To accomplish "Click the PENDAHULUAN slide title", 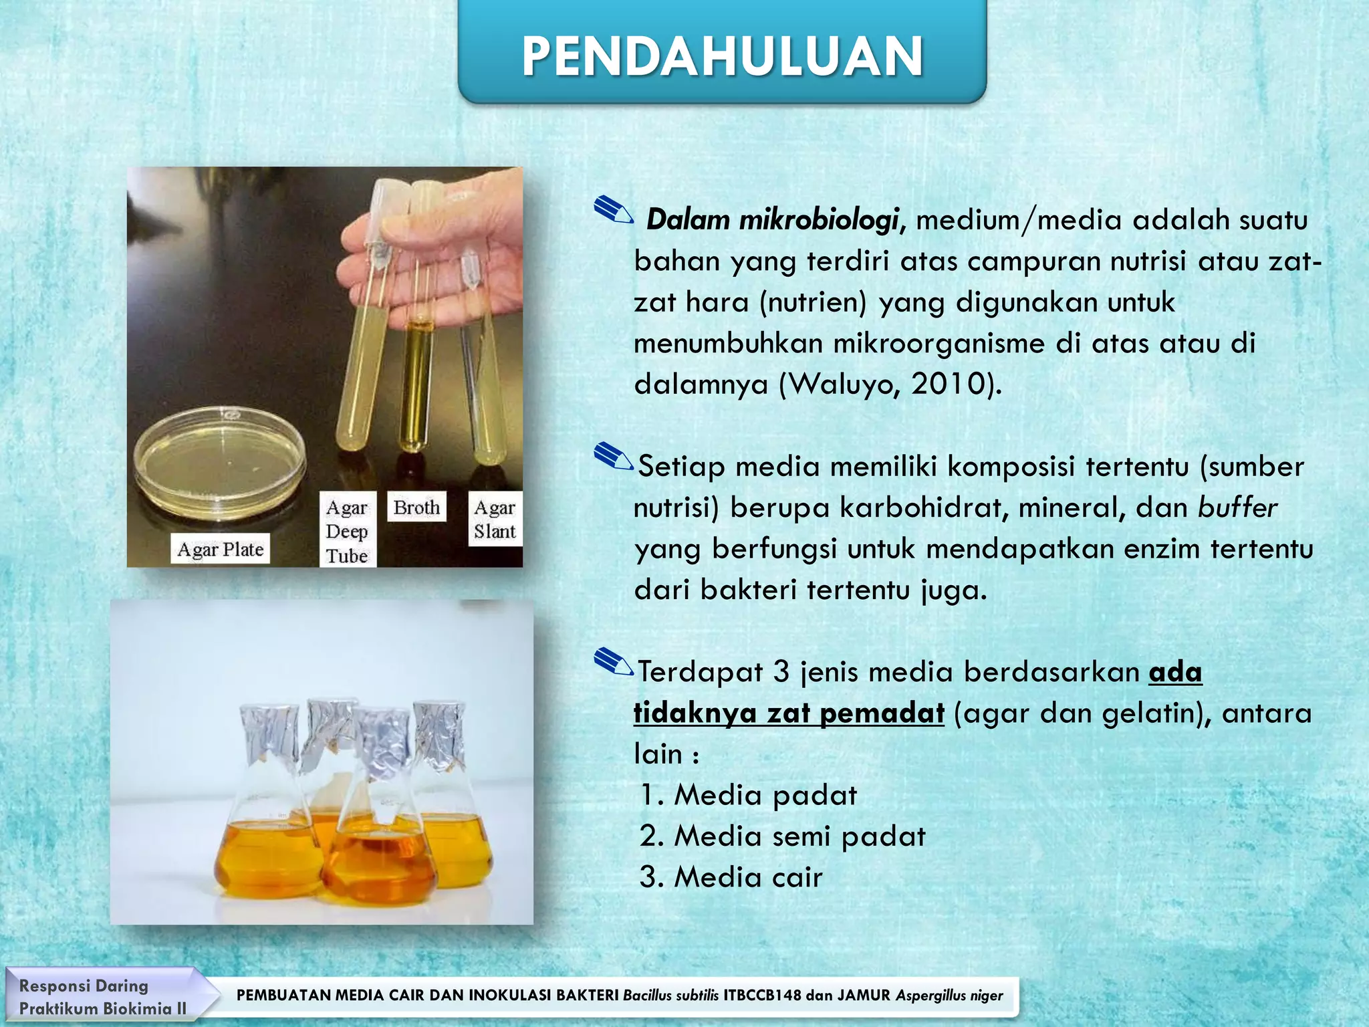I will pos(722,56).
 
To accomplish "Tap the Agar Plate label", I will pos(220,549).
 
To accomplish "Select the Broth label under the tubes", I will pos(416,507).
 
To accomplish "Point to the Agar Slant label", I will pos(495,520).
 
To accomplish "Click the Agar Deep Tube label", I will pos(347,532).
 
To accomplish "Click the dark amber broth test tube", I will pos(416,381).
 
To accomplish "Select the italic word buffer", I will pos(1237,507).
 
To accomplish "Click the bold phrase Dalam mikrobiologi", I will pos(771,220).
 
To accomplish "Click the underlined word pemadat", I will pos(882,713).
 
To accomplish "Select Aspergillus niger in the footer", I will pos(949,996).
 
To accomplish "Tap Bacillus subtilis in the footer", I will pos(670,996).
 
